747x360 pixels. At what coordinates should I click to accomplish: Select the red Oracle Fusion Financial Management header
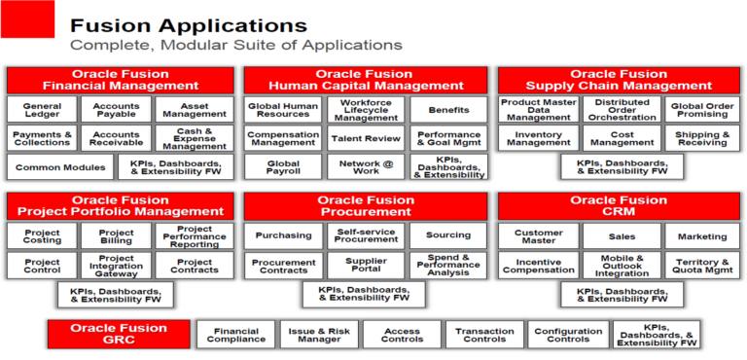[121, 80]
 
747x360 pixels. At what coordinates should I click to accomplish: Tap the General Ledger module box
[42, 110]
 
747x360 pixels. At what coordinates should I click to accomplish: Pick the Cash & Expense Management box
[195, 139]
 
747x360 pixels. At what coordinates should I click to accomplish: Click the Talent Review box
[365, 139]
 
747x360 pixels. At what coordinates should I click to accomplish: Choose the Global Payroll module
[283, 167]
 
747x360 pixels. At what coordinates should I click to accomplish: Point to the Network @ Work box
[365, 167]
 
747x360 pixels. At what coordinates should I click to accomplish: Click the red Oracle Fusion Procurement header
[366, 206]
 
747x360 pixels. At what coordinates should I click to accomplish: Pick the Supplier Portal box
[365, 264]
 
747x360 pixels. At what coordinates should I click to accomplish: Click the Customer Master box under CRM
[538, 235]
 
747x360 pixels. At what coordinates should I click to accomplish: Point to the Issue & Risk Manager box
[319, 335]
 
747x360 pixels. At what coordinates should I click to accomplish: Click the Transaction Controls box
[484, 335]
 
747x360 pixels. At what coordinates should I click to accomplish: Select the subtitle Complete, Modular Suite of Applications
[234, 45]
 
